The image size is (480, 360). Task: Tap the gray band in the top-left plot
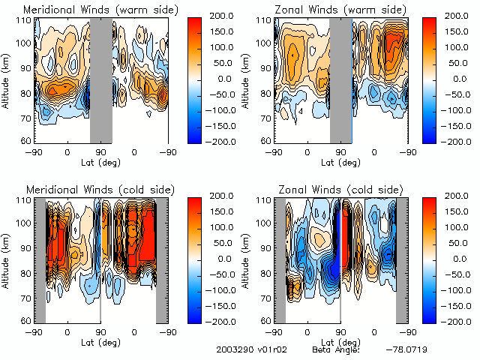point(100,78)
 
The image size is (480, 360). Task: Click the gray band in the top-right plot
point(340,78)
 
